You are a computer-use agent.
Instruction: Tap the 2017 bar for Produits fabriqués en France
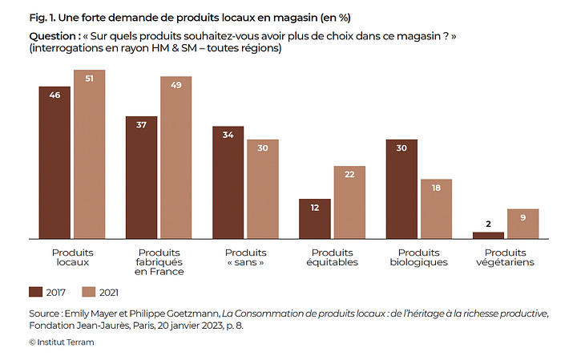141,177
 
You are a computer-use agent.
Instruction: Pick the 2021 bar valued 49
176,158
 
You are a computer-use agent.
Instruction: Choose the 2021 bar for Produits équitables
349,202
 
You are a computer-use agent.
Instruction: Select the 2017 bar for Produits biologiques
401,189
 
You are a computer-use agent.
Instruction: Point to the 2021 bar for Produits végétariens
523,224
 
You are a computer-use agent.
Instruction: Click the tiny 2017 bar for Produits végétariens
488,235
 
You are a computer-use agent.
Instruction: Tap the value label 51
89,78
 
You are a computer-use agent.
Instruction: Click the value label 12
315,207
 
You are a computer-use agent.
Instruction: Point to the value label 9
523,216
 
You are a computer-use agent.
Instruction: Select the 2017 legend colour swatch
36,291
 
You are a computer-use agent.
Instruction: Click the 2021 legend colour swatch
89,291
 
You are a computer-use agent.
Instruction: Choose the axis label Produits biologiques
418,257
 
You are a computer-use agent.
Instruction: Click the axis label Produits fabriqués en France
159,262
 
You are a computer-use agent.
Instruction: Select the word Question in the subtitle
52,37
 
